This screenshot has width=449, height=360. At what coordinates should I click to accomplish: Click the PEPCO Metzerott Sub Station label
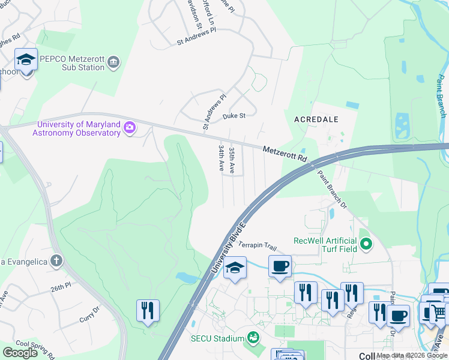[71, 63]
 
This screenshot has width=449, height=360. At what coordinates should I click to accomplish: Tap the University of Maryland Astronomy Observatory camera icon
[129, 128]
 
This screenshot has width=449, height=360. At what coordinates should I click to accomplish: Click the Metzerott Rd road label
[285, 154]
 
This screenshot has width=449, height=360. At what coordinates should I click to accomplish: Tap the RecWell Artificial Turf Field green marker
[367, 244]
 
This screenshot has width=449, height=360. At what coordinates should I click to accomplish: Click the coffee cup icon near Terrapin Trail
[279, 266]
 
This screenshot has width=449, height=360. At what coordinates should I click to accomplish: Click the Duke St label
[234, 116]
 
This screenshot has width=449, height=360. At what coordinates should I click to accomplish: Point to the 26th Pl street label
[61, 289]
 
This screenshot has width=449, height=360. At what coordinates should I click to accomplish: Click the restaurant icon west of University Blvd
[148, 310]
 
